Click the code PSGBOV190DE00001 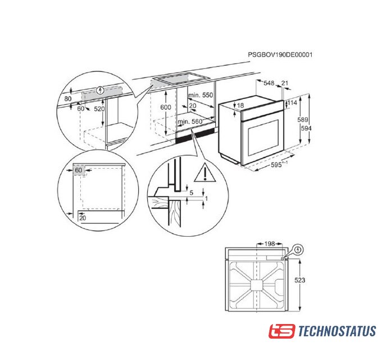280,55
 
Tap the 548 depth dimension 269,83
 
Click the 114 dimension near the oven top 292,103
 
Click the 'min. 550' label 201,96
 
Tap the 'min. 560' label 189,121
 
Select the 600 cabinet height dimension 165,107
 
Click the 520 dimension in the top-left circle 99,109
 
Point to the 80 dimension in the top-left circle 69,98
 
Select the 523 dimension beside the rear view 302,280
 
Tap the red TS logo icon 281,331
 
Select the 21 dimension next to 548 285,83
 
